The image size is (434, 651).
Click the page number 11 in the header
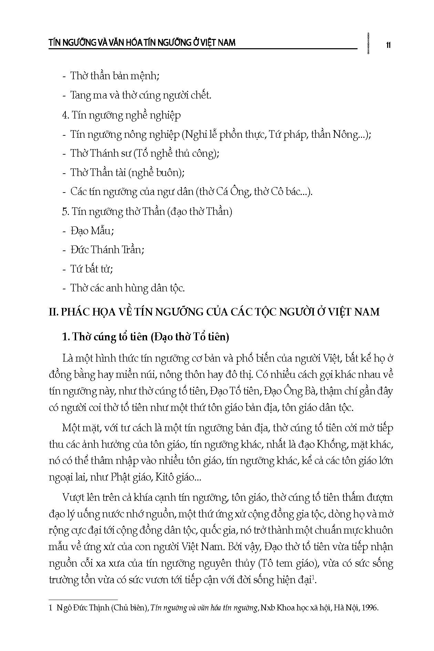pyautogui.click(x=388, y=45)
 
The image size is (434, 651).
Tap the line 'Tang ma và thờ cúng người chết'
pyautogui.click(x=141, y=95)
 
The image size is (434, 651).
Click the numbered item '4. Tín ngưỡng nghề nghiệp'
pyautogui.click(x=121, y=115)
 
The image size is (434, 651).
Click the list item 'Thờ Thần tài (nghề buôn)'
pyautogui.click(x=127, y=172)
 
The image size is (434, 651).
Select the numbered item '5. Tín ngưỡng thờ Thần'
pyautogui.click(x=147, y=211)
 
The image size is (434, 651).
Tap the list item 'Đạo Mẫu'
pyautogui.click(x=92, y=230)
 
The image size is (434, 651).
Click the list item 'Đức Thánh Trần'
pyautogui.click(x=107, y=249)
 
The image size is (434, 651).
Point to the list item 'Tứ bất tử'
pyautogui.click(x=92, y=269)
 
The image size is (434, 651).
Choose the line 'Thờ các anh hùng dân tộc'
pyautogui.click(x=127, y=288)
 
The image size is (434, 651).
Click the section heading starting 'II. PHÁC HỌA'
pyautogui.click(x=214, y=312)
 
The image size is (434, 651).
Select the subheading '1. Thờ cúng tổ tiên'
pyautogui.click(x=145, y=337)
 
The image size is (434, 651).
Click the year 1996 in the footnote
pyautogui.click(x=371, y=608)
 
